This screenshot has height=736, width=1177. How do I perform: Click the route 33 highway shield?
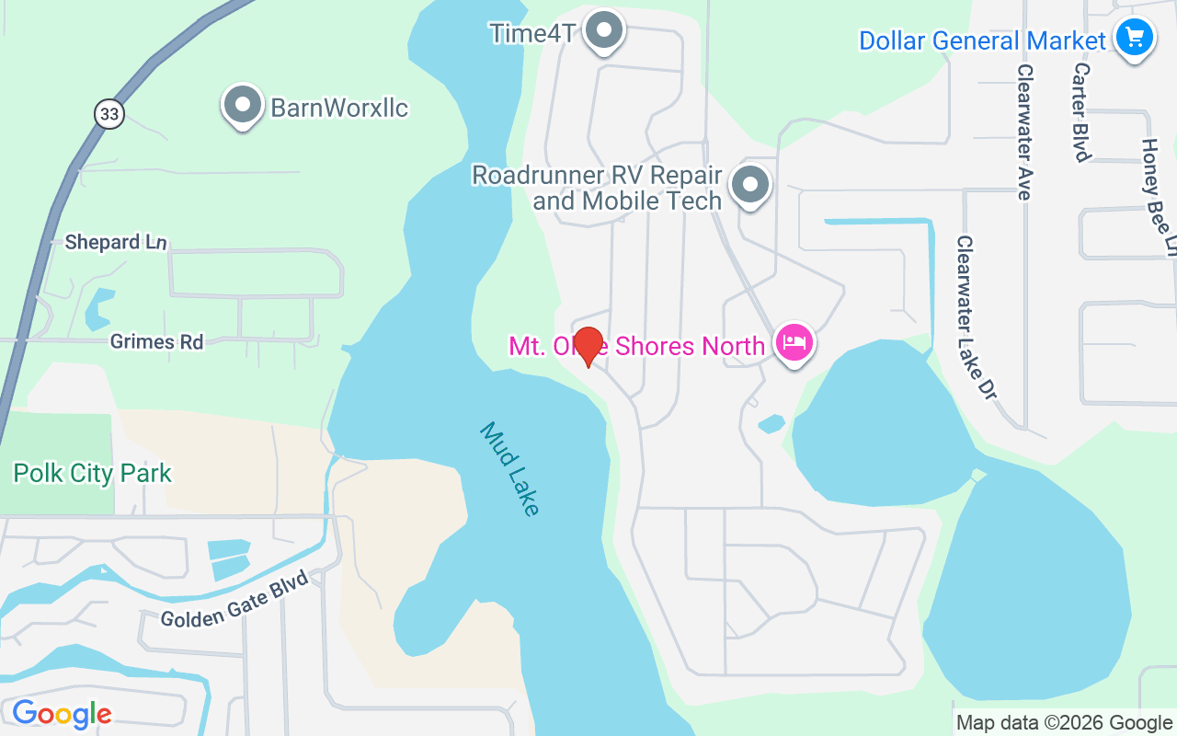click(109, 113)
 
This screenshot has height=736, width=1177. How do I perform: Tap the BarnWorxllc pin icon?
click(243, 105)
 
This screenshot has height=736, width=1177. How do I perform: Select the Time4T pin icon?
click(604, 30)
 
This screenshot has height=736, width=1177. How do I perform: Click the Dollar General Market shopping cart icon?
click(1135, 38)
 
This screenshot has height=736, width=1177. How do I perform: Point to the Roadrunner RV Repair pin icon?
click(750, 185)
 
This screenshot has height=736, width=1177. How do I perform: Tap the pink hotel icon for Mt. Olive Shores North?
click(794, 344)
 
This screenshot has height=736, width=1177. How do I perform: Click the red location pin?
click(588, 346)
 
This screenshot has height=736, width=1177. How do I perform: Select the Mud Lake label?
click(509, 469)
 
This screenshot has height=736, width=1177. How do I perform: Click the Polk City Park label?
click(92, 474)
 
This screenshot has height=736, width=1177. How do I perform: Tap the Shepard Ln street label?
click(116, 243)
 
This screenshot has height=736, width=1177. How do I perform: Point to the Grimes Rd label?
click(156, 341)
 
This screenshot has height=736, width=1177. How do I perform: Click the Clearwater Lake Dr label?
click(976, 317)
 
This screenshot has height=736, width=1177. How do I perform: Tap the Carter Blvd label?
click(1082, 111)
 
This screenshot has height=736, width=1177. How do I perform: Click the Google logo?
click(62, 714)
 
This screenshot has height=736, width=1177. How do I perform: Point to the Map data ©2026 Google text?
click(1064, 723)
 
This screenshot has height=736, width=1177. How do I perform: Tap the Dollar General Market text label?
click(982, 40)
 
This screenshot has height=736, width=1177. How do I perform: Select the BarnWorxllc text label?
click(339, 108)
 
